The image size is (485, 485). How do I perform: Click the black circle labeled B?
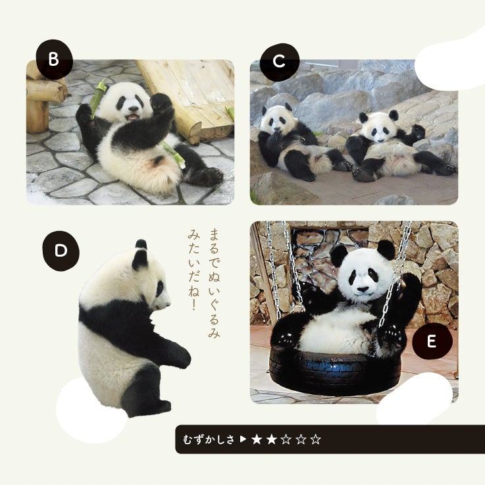tap(54, 59)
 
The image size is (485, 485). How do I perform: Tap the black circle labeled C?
tap(279, 62)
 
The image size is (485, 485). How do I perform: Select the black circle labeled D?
tap(61, 251)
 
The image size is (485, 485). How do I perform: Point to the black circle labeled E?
tap(432, 341)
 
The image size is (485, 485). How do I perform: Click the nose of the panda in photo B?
tap(134, 109)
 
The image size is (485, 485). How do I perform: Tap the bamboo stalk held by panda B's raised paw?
tap(97, 97)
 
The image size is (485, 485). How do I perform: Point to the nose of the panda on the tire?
tap(363, 290)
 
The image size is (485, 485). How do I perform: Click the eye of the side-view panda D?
tap(160, 289)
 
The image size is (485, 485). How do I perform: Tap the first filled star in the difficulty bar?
tap(257, 439)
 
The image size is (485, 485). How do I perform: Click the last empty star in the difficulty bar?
tap(315, 439)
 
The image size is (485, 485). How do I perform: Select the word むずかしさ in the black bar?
tap(209, 440)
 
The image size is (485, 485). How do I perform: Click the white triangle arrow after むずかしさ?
tap(243, 439)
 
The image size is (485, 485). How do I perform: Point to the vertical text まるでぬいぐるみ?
tap(214, 283)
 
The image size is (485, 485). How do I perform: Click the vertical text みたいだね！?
tap(194, 270)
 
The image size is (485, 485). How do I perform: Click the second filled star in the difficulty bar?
tap(271, 439)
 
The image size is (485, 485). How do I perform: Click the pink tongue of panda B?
tap(134, 116)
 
